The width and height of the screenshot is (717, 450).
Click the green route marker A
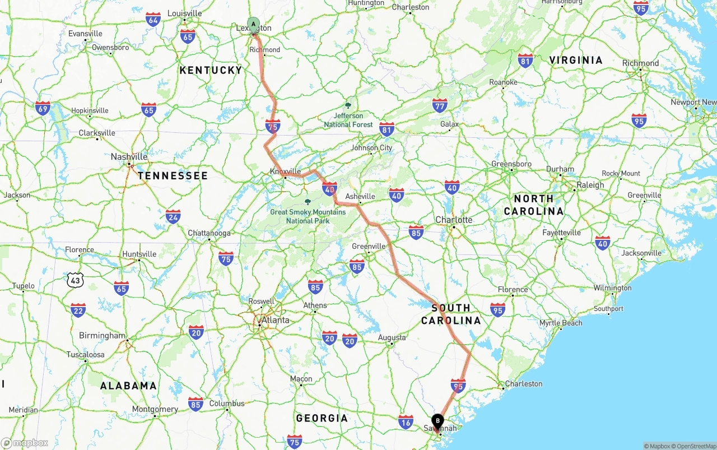[x=254, y=25]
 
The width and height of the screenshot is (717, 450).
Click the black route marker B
[x=437, y=421]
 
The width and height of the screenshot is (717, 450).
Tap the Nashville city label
[x=129, y=157]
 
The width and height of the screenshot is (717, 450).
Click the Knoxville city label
[x=285, y=171]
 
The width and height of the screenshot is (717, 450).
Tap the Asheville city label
[x=360, y=196]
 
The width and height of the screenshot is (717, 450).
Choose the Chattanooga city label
[x=209, y=233]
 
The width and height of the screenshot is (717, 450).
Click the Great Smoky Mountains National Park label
[x=308, y=216]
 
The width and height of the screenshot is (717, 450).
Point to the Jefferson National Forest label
[x=348, y=120]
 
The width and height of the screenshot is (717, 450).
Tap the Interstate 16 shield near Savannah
[x=406, y=421]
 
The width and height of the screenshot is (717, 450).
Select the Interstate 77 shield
[x=440, y=105]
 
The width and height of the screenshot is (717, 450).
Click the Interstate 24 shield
[x=173, y=216]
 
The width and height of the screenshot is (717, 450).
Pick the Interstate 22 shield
[x=78, y=310]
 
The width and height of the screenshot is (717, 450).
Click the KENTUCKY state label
[x=211, y=70]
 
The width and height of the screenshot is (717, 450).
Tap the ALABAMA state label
[x=128, y=386]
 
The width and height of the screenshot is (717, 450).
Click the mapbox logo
[x=25, y=443]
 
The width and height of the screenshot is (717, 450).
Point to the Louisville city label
[x=184, y=13]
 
